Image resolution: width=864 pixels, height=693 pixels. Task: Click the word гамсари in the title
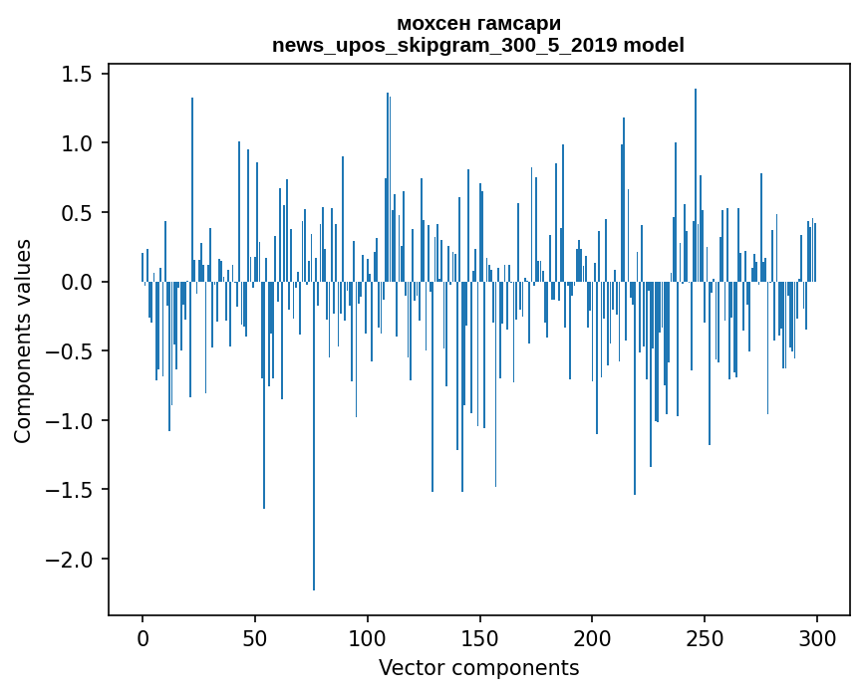526,24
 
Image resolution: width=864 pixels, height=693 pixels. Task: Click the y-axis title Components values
23,341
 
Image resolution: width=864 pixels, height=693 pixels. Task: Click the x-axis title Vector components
478,667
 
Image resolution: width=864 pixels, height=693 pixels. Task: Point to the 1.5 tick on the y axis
78,75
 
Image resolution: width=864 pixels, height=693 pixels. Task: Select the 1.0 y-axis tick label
78,143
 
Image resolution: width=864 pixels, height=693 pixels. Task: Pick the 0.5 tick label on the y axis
78,213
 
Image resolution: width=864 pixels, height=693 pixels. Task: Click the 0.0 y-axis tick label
78,282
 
